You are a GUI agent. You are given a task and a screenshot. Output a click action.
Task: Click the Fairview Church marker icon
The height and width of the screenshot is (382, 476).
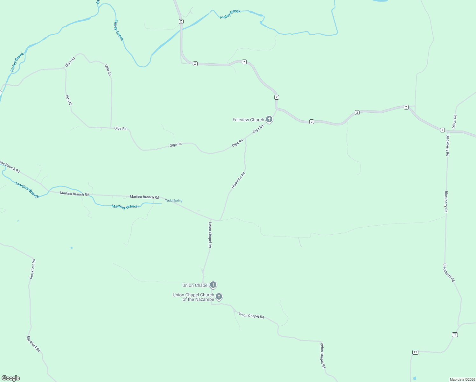[x=269, y=119]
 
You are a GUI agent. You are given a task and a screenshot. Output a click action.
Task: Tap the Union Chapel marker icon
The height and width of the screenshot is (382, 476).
[x=213, y=285]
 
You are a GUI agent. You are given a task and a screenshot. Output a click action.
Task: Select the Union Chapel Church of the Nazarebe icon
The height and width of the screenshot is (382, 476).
[x=219, y=297]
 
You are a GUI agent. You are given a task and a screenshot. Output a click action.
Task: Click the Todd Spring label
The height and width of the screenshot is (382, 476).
[x=174, y=201]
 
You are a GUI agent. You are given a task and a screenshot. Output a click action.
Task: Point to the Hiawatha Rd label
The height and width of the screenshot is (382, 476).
[x=238, y=180]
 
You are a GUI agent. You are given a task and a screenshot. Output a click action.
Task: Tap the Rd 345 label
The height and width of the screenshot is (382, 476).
[x=69, y=100]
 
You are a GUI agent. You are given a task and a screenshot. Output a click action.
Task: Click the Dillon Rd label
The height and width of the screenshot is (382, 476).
[x=455, y=121]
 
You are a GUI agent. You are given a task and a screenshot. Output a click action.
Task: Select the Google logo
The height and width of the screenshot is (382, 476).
[x=11, y=378]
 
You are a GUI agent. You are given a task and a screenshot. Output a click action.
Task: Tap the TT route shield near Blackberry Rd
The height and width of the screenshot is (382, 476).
[x=455, y=335]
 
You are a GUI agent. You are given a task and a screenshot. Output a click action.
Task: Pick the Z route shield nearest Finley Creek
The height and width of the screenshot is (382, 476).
[x=181, y=21]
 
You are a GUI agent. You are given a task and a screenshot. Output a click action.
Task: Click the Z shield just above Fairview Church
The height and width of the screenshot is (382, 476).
[x=277, y=97]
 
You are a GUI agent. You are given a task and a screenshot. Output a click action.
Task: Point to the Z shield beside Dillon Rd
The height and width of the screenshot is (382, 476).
[x=442, y=130]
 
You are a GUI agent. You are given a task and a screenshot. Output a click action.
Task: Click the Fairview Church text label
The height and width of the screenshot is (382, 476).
[x=248, y=120]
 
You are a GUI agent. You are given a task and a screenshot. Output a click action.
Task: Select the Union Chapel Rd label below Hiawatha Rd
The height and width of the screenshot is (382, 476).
[x=210, y=235]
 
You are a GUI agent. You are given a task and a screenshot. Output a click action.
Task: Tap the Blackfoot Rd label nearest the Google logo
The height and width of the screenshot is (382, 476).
[x=33, y=343]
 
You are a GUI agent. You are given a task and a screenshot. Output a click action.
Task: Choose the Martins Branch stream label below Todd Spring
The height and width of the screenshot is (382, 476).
[x=125, y=207]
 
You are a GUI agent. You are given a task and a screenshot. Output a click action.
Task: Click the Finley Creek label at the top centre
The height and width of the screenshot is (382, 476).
[x=230, y=14]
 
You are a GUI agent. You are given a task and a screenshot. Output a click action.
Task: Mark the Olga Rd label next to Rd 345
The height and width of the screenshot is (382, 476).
[x=70, y=62]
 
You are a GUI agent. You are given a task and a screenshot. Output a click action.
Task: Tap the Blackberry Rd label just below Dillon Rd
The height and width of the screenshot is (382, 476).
[x=447, y=145]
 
